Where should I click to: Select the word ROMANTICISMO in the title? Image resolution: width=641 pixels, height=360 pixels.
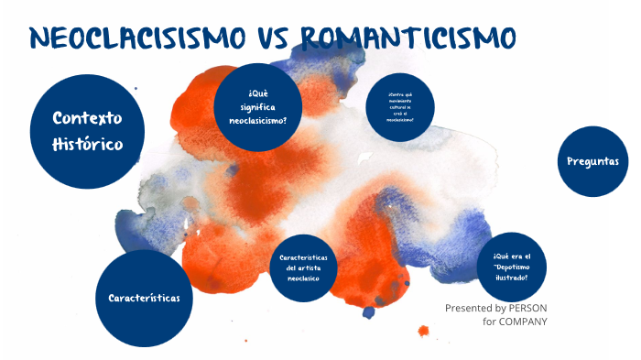click(x=407, y=39)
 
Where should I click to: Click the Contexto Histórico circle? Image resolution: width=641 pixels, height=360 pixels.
click(x=87, y=132)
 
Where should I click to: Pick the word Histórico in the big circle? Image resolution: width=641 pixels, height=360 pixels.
click(x=87, y=145)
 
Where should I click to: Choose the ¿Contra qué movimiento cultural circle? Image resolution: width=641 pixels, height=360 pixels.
click(x=399, y=107)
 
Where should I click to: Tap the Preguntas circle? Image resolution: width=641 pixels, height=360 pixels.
click(x=592, y=161)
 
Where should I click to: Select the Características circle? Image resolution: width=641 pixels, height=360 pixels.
click(x=144, y=298)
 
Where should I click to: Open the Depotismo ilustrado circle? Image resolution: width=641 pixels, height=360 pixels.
click(x=517, y=267)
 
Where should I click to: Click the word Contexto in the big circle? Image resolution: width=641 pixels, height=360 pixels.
click(x=87, y=119)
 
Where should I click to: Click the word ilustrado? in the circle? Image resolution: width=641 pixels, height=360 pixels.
click(x=517, y=278)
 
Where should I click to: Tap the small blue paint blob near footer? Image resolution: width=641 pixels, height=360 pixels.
click(x=369, y=312)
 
